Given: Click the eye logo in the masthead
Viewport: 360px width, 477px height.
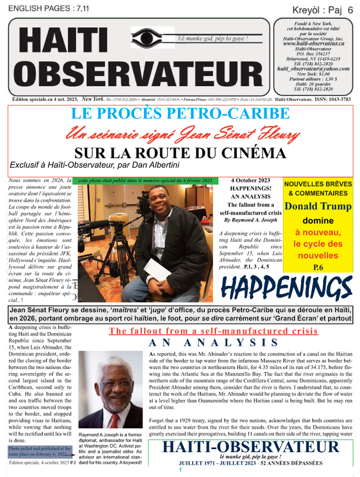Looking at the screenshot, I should click(152, 38).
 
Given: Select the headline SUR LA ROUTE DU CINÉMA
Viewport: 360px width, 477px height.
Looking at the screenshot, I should click(180, 153).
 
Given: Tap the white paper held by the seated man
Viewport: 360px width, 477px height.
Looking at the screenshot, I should click(157, 269).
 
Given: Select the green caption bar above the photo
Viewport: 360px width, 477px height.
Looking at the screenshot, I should click(145, 180).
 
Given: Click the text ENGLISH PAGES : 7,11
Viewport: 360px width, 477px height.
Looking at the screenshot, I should click(44, 8).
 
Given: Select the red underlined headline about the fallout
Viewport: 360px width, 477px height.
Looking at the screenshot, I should click(213, 331).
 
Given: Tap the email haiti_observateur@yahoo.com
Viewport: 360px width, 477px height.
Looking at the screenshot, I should click(313, 69).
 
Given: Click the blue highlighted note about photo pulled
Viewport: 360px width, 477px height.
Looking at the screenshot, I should click(37, 451).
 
